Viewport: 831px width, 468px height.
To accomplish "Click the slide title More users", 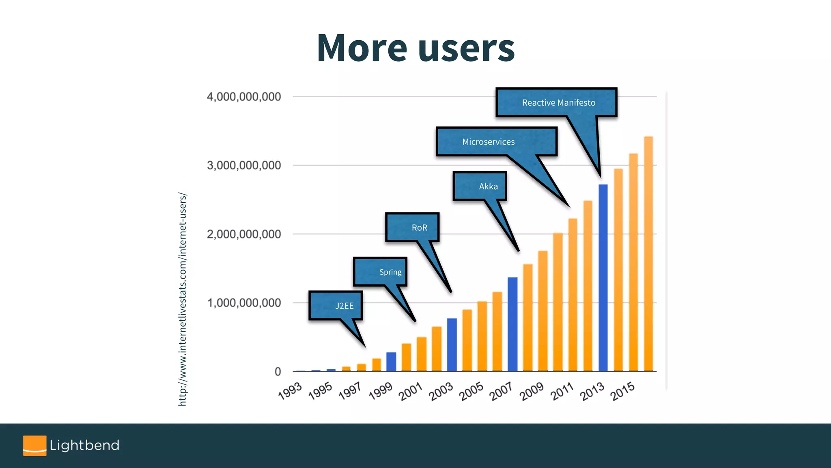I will pos(415,48).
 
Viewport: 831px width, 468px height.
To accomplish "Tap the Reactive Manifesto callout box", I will pos(557,102).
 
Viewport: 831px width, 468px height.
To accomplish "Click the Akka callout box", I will pos(480,186).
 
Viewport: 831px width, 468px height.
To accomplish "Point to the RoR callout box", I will pos(412,227).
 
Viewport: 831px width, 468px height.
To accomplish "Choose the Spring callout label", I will pos(380,272).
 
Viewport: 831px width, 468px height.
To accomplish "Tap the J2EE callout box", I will pos(336,305).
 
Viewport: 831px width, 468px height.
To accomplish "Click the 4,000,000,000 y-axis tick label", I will pos(243,97).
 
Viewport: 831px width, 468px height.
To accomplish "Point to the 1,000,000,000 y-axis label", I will pos(243,303).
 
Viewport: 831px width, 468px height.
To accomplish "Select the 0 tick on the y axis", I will pos(278,371).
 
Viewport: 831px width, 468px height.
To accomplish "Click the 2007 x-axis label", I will pos(501,391).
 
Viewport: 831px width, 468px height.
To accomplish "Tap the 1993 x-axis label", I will pos(290,391).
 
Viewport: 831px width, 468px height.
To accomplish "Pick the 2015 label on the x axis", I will pos(622,391).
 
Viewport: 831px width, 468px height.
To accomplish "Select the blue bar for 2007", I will pos(512,325).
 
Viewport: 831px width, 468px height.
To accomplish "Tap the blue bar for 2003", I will pos(452,345).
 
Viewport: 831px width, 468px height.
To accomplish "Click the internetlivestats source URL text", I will pos(183,299).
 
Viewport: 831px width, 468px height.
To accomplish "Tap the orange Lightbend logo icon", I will pos(34,446).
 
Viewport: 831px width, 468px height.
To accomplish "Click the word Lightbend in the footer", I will pos(84,446).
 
